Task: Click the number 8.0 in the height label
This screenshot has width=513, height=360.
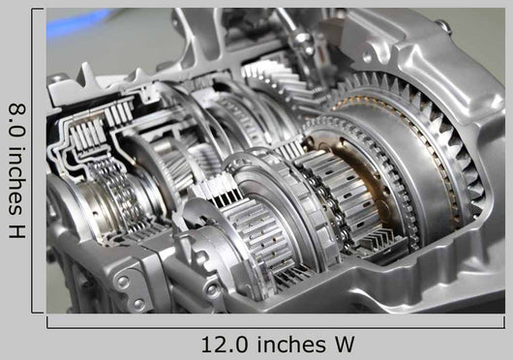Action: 17,119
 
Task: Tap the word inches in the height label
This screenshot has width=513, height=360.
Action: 17,181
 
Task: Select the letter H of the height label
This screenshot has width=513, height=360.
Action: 17,230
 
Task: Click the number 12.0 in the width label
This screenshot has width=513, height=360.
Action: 225,345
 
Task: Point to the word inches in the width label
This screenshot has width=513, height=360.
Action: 291,345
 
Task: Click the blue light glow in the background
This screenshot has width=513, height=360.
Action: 78,22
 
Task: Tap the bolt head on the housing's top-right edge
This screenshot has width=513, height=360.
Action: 444,26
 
